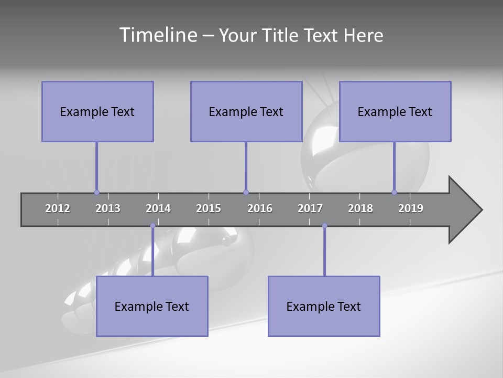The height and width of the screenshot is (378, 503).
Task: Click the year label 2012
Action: [x=58, y=208]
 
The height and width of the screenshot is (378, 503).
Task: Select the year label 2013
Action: [x=108, y=208]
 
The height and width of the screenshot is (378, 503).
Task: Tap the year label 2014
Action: [x=158, y=208]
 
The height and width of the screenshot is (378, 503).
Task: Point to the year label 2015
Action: [x=209, y=208]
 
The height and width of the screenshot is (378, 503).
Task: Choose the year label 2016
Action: [x=260, y=208]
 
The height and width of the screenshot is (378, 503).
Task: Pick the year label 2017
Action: [x=310, y=208]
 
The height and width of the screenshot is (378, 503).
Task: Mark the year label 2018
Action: [x=360, y=208]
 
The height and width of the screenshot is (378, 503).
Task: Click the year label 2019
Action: [x=411, y=208]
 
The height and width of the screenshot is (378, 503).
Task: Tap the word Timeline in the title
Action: [x=158, y=35]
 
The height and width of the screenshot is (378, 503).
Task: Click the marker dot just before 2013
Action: [x=96, y=192]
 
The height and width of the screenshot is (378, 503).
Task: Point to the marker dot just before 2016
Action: [x=246, y=192]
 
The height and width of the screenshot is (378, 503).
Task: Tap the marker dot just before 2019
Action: [x=394, y=192]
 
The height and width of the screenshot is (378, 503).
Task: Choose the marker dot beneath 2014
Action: [x=152, y=226]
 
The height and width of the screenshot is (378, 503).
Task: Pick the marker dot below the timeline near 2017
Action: [x=324, y=226]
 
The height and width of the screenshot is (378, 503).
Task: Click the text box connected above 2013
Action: [x=97, y=111]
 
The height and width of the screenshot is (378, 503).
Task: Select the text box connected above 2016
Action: [x=246, y=111]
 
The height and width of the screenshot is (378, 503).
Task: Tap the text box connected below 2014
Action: [x=152, y=306]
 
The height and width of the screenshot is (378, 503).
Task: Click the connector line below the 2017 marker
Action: [x=324, y=252]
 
